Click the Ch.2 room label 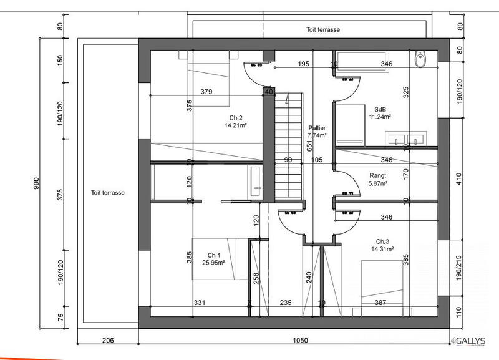click(x=235, y=118)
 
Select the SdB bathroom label click(x=379, y=109)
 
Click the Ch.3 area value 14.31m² click(x=383, y=249)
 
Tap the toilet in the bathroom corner click(x=420, y=60)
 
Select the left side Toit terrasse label click(x=107, y=193)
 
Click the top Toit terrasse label click(x=322, y=29)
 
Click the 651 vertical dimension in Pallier click(x=309, y=145)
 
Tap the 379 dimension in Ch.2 click(x=206, y=92)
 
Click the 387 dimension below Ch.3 click(x=380, y=303)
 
